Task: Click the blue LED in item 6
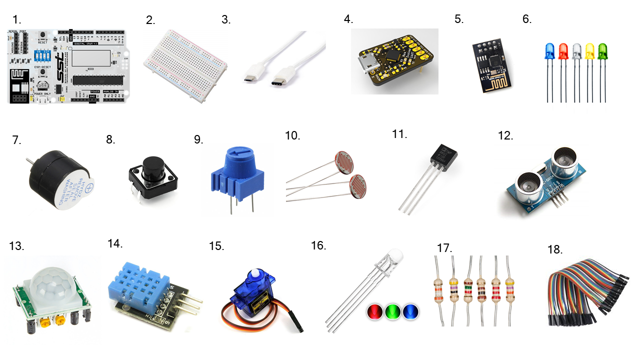click(548, 50)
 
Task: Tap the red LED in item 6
click(562, 50)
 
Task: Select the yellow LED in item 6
click(589, 50)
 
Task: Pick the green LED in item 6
click(602, 50)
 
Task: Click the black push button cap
click(151, 168)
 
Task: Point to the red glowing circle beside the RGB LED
click(374, 312)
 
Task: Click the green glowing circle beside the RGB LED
click(392, 312)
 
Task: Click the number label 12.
click(506, 135)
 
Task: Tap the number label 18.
click(554, 250)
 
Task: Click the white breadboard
click(185, 65)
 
